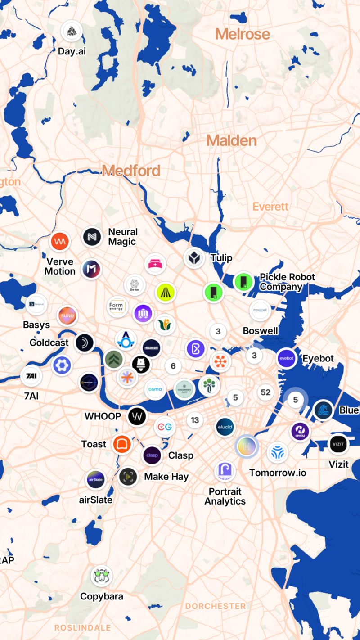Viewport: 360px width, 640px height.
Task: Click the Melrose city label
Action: click(243, 34)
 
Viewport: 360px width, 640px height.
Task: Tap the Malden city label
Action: click(231, 140)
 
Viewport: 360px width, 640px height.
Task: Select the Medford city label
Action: click(131, 171)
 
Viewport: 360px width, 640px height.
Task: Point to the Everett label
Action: click(270, 207)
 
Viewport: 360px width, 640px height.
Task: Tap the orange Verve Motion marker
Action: click(60, 242)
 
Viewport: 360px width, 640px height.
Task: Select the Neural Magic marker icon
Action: click(93, 237)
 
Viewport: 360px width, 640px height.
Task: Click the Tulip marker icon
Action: click(194, 258)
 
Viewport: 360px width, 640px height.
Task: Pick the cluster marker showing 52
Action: click(265, 392)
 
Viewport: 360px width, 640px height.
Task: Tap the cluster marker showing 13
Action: click(195, 420)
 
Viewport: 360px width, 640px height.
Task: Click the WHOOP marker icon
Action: click(137, 416)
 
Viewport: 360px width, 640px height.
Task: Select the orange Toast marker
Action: click(122, 444)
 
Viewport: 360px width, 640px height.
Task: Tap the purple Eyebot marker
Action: click(287, 359)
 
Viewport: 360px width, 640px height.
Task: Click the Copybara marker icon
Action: click(102, 577)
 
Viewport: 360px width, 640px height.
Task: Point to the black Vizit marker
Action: click(339, 445)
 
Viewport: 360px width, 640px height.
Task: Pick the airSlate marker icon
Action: click(96, 480)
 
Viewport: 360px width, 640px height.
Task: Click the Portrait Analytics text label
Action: click(225, 496)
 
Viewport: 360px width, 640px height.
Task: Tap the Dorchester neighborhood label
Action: click(216, 606)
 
